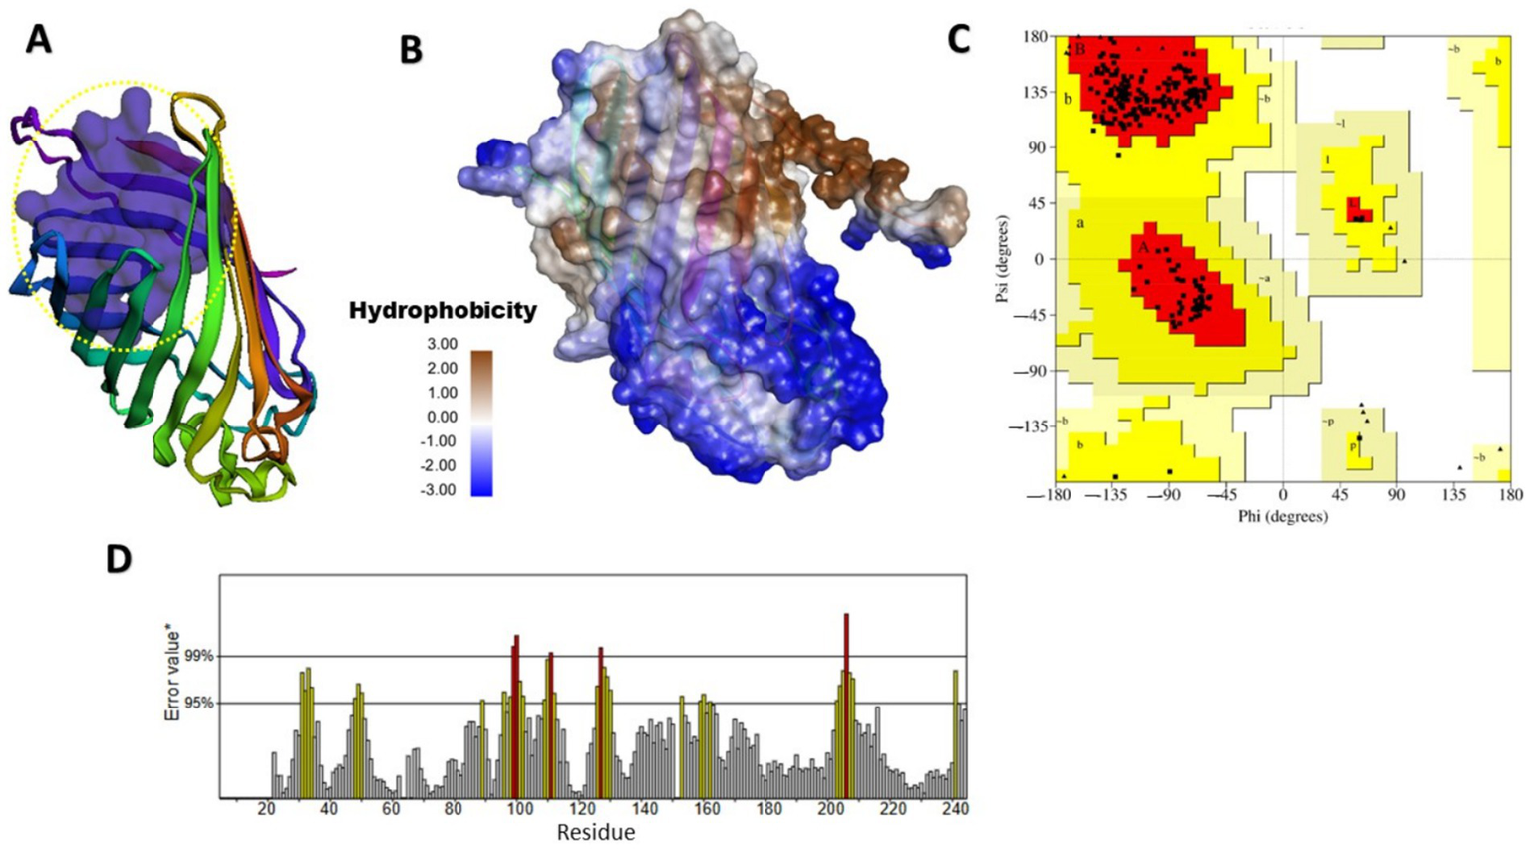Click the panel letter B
click(x=411, y=49)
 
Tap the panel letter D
click(x=119, y=559)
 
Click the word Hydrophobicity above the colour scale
click(x=443, y=311)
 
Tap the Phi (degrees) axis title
click(x=1282, y=517)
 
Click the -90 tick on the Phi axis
click(x=1164, y=495)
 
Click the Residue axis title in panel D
click(x=595, y=833)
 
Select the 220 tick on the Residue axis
click(x=893, y=809)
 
